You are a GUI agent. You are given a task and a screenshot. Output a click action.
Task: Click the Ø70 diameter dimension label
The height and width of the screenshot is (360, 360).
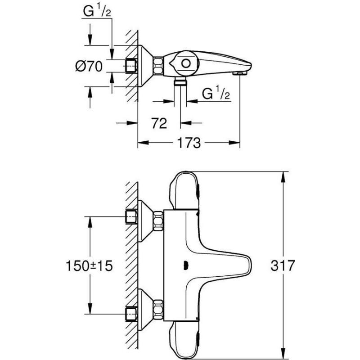click(x=89, y=67)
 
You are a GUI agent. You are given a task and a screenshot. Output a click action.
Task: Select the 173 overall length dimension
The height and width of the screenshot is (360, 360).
click(x=189, y=143)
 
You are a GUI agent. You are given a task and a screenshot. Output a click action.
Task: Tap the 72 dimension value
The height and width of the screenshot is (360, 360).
click(x=159, y=123)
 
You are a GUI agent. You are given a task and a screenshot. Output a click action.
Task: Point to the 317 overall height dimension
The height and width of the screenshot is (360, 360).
click(x=283, y=265)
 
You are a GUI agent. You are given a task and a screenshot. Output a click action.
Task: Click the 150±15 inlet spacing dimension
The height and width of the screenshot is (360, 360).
click(x=89, y=266)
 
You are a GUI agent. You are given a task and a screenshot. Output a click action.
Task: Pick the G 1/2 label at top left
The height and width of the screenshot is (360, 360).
click(x=97, y=11)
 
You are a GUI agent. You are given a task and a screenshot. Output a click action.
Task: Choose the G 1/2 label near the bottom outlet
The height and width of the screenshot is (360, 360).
click(x=216, y=94)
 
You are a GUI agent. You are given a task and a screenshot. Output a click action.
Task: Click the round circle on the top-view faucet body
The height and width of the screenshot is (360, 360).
click(x=186, y=63)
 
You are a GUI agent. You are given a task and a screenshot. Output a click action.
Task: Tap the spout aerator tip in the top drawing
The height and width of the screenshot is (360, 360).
click(x=240, y=73)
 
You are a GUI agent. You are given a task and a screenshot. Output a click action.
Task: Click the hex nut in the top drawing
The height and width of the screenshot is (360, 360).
click(x=158, y=66)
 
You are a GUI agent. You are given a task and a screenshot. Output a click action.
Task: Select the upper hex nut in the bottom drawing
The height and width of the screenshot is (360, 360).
click(x=158, y=221)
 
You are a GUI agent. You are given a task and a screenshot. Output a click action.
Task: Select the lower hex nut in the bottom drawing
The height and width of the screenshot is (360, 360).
click(x=158, y=309)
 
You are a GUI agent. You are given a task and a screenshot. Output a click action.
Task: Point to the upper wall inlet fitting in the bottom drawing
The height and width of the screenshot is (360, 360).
click(x=131, y=216)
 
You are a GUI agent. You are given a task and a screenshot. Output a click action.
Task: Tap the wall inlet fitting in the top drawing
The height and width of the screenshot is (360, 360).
click(x=131, y=66)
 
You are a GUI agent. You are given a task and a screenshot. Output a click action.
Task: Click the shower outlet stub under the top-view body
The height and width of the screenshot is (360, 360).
click(x=180, y=81)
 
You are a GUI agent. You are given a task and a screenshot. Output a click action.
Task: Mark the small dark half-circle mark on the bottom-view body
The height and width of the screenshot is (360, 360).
click(x=185, y=265)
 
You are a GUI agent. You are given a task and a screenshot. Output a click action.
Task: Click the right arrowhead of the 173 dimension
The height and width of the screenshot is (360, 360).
click(x=234, y=143)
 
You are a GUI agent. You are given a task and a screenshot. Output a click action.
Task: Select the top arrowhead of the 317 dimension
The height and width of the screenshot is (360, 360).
click(x=284, y=177)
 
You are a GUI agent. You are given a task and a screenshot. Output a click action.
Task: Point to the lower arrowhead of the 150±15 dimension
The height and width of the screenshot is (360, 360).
click(x=90, y=308)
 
